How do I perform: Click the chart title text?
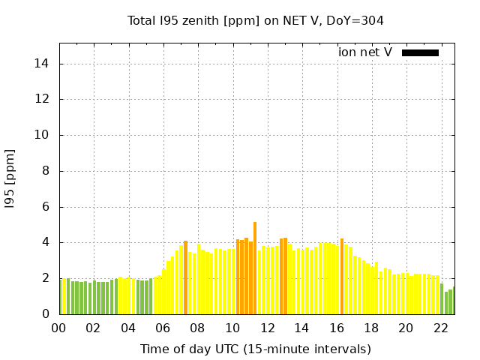[255, 20]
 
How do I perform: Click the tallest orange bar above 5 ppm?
[255, 268]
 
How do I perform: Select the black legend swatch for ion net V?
[420, 52]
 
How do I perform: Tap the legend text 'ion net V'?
[365, 52]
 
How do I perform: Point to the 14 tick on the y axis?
[43, 64]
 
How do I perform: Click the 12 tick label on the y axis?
[43, 99]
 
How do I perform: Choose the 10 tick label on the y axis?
[43, 135]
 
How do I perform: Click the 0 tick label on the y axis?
[46, 314]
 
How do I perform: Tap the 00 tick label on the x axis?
[59, 328]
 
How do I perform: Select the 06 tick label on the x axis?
[163, 328]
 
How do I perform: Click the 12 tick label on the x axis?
[267, 328]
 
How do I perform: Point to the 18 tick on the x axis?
[371, 328]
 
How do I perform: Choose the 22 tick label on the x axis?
[440, 328]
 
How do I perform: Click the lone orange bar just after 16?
[342, 276]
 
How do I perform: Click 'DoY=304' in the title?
[356, 20]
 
